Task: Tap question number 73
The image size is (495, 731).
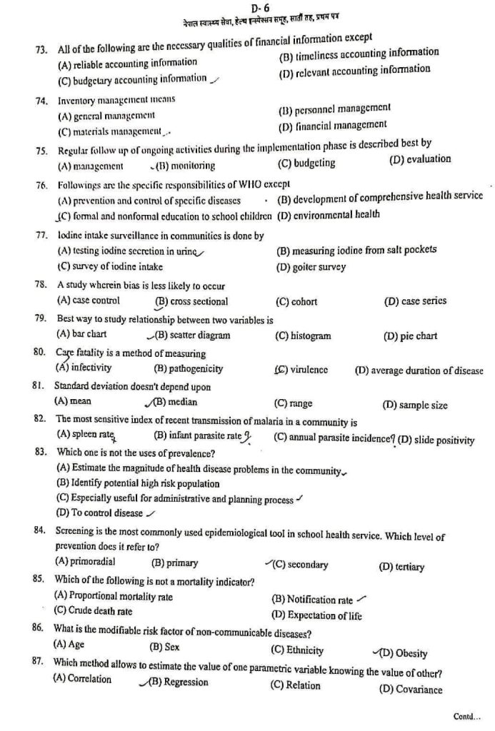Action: pos(40,49)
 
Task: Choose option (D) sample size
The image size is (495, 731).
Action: pos(415,405)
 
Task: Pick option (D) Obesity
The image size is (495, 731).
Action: pos(404,652)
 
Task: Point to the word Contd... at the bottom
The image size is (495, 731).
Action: pos(467,716)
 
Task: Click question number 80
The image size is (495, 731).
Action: pos(40,353)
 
